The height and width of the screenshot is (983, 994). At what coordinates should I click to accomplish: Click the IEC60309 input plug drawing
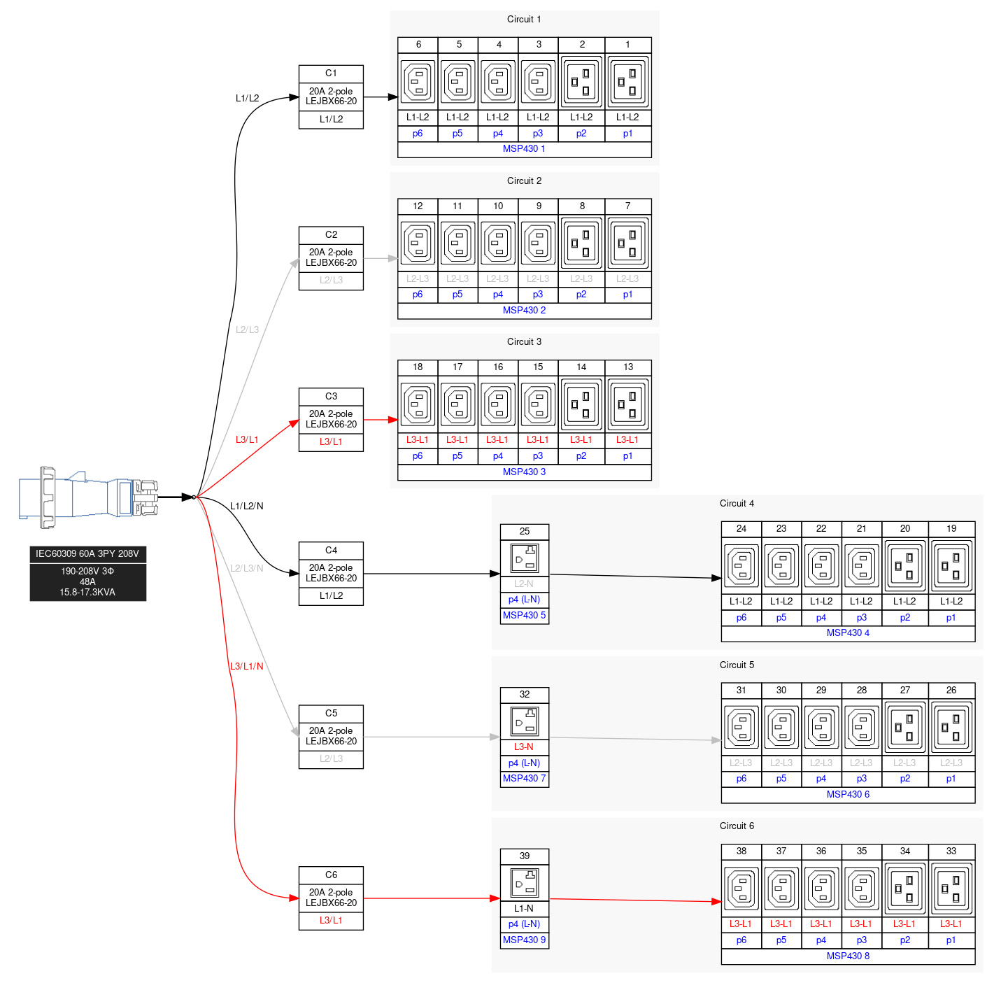88,497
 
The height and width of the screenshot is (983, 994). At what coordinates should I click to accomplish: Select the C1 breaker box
331,97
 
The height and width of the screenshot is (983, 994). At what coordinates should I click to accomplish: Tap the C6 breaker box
331,898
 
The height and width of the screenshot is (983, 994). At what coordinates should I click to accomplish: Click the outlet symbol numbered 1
627,81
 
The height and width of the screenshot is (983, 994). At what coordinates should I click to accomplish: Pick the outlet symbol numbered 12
418,243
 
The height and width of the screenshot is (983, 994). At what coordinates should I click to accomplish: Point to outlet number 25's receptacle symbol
525,558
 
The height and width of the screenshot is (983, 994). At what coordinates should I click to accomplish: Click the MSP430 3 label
524,472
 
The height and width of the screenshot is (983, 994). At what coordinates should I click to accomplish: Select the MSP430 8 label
848,956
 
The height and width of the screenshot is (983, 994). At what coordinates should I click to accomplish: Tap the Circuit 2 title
524,181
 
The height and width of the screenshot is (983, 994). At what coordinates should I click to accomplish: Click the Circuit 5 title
737,665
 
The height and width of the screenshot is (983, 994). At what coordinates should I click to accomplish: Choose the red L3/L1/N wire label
247,666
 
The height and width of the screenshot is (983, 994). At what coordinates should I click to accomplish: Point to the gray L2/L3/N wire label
247,568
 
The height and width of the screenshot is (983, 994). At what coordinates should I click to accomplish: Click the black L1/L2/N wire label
247,506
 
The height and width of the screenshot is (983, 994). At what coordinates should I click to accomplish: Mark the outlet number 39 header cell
525,856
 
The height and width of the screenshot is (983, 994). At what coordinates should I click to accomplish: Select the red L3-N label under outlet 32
524,747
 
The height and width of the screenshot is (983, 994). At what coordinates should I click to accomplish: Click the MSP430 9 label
524,940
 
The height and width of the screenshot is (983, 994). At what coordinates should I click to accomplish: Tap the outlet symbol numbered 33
951,888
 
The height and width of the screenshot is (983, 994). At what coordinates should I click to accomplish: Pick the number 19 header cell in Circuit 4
951,528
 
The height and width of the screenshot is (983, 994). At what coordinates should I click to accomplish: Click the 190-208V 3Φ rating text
87,571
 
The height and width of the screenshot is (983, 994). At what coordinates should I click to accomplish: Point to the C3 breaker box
331,420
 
